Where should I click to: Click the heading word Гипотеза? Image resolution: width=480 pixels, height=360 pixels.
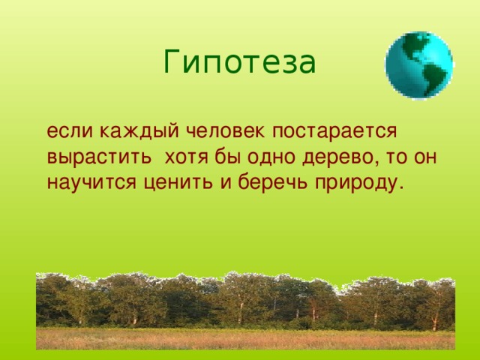239,62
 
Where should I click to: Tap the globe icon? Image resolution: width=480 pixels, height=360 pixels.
419,64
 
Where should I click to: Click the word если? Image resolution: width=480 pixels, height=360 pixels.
70,131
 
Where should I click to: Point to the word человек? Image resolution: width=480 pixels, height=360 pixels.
225,131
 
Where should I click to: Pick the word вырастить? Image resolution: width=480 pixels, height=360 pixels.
99,157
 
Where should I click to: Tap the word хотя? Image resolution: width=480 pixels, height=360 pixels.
187,157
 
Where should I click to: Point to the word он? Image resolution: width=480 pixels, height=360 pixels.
425,157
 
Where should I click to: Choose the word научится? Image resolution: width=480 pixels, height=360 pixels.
91,183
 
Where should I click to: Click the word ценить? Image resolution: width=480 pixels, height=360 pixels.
178,184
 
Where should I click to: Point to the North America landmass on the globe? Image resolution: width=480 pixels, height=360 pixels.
413,45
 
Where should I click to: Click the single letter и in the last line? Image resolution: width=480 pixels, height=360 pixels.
226,183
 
